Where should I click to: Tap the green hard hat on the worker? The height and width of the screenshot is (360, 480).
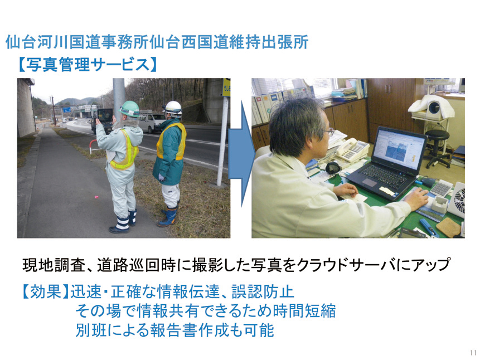129,109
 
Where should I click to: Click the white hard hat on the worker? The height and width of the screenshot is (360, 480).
173,108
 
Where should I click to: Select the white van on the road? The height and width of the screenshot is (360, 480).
152,122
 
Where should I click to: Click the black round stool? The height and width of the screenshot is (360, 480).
437,148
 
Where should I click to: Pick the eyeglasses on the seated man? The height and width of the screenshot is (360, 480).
329,132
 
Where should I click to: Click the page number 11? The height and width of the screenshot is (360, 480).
473,352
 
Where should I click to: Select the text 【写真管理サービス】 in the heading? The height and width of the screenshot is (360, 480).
88,65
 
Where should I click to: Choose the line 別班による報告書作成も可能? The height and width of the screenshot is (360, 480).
175,330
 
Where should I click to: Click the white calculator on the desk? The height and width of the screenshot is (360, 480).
441,188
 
